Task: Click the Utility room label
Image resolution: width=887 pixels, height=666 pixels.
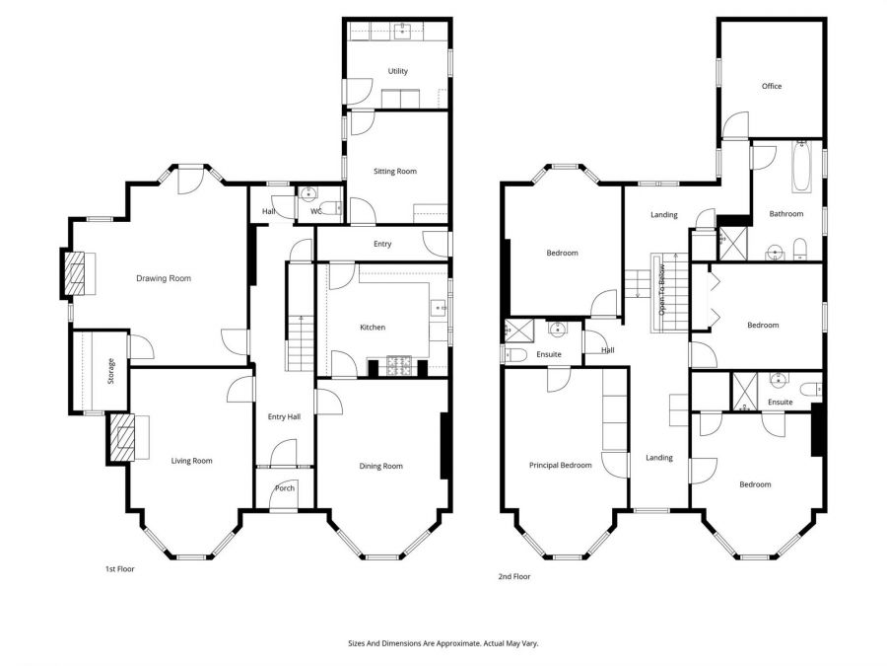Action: [397, 71]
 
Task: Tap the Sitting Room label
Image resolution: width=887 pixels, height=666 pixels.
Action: [394, 171]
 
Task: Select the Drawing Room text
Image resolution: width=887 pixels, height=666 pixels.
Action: [163, 278]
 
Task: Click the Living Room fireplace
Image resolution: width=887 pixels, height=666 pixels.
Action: [122, 437]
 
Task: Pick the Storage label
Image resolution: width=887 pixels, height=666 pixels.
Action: [110, 371]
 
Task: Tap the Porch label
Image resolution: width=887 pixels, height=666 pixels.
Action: [284, 488]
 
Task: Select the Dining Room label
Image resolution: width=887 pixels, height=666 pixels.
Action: [379, 466]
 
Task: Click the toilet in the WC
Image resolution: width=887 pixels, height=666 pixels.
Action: [334, 207]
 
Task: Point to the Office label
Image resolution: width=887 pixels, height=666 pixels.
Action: [771, 86]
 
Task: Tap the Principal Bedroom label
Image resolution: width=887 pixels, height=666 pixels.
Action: [560, 465]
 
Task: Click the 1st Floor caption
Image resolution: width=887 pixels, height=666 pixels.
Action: [119, 569]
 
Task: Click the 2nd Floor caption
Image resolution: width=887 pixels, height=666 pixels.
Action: [514, 576]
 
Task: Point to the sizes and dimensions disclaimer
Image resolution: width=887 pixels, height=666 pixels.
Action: [443, 642]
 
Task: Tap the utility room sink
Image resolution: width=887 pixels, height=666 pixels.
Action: [403, 32]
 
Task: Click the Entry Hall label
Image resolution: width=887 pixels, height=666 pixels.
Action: [284, 417]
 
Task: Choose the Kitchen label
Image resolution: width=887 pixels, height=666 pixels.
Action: [372, 327]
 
